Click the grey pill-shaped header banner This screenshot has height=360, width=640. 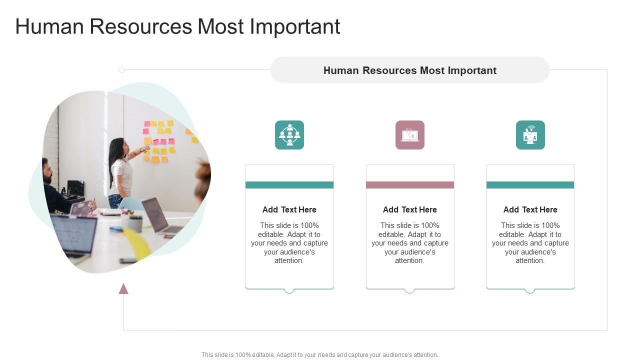(409, 70)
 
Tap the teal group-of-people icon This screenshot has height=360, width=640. (289, 135)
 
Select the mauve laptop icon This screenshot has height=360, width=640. (410, 135)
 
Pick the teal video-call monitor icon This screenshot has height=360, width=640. (530, 135)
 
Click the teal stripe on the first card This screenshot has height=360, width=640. (289, 185)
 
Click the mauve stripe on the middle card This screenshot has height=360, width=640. (410, 185)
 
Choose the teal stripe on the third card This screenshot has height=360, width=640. (530, 185)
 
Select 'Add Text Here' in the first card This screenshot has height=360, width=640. (289, 209)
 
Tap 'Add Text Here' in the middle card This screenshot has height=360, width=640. (410, 209)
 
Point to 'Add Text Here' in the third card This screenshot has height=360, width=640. (530, 209)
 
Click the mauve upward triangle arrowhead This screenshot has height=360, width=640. (123, 289)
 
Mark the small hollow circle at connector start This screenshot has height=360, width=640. (121, 70)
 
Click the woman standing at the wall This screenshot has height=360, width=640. (120, 170)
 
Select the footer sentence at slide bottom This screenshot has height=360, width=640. (320, 355)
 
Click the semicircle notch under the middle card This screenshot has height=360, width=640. (409, 290)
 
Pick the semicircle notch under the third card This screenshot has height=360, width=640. (530, 290)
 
